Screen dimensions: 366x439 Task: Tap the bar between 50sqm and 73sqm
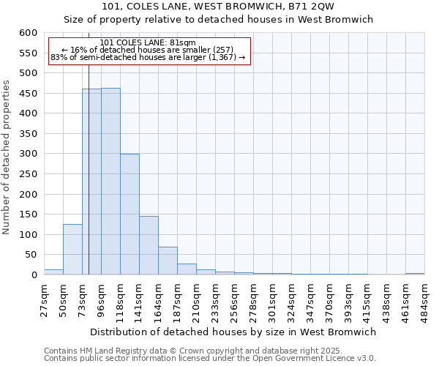[x=72, y=250]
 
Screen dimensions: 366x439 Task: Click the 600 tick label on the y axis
[x=28, y=33]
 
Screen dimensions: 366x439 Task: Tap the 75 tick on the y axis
[x=31, y=255]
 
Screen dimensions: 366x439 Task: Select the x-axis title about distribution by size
[x=234, y=332]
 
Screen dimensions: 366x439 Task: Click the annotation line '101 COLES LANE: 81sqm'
[x=148, y=42]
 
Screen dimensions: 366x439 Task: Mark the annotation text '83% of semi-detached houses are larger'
[x=148, y=57]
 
